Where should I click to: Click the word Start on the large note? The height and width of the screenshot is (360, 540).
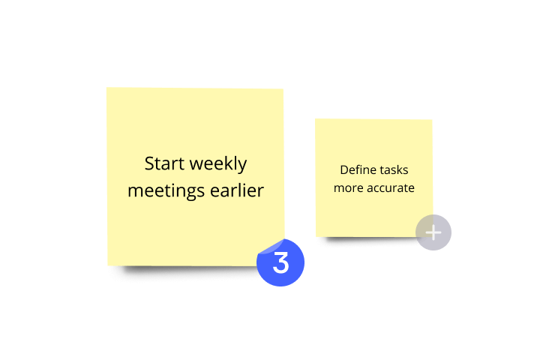click(x=164, y=163)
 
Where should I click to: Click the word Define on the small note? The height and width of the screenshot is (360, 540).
click(x=357, y=170)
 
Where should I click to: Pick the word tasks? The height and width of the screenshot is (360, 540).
click(x=393, y=170)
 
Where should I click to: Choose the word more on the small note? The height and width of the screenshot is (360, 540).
click(x=348, y=187)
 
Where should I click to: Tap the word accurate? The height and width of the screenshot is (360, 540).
click(x=390, y=187)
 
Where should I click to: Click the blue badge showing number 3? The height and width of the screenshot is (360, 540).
click(x=280, y=262)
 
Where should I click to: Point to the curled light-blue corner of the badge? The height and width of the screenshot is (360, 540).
click(x=271, y=245)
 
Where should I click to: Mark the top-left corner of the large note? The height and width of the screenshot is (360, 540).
click(x=106, y=88)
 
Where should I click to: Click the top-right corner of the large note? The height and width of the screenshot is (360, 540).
click(x=283, y=89)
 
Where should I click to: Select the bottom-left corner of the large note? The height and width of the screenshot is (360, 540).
click(x=108, y=265)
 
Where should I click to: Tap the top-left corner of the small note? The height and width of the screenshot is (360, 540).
click(x=316, y=119)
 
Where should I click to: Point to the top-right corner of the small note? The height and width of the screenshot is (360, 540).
click(x=432, y=120)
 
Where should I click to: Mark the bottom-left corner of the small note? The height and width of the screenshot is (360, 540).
click(x=316, y=237)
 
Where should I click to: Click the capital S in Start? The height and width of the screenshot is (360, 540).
click(x=149, y=163)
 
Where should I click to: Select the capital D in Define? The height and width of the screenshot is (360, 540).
click(x=344, y=170)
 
